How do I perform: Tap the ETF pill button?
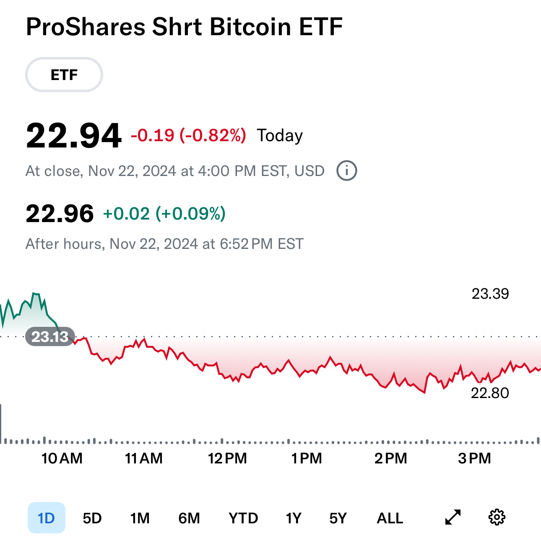(x=64, y=75)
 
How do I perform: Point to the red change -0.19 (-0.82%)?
(x=188, y=135)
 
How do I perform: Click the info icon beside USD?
(x=347, y=171)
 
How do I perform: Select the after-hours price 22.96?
(x=60, y=214)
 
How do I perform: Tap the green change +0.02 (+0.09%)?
(x=164, y=214)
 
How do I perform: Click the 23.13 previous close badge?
(x=50, y=336)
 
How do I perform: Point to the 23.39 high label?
(x=490, y=294)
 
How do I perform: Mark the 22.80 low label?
(x=490, y=393)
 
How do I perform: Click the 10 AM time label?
(x=62, y=458)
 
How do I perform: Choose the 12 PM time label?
(x=227, y=458)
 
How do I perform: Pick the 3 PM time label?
(x=474, y=458)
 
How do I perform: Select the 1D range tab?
(x=47, y=518)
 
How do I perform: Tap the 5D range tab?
(x=92, y=518)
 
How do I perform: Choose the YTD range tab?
(x=243, y=518)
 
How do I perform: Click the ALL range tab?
(x=390, y=518)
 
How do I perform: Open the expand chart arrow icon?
(x=453, y=517)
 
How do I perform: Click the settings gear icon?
(x=497, y=517)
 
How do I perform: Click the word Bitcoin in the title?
(x=250, y=27)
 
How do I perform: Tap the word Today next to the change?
(x=280, y=136)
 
